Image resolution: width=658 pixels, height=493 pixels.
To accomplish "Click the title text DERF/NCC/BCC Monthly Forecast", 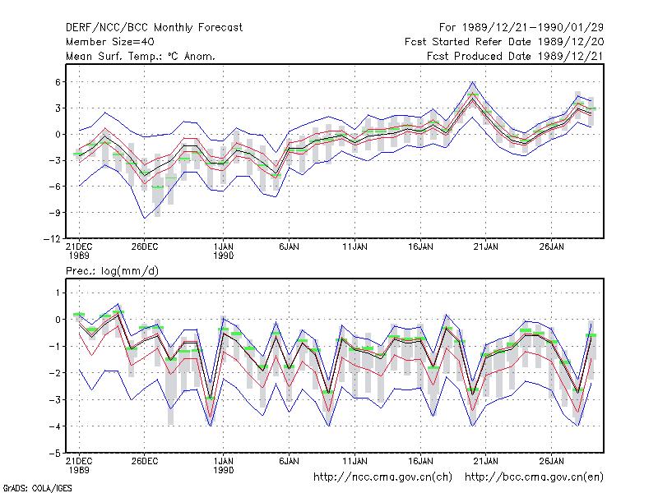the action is pos(154,28).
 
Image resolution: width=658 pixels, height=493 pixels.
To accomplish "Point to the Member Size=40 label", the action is pos(110,42).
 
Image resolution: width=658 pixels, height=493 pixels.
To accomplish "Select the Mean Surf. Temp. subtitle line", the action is pos(141,56).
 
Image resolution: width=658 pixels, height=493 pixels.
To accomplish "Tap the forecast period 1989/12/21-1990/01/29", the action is pos(521,28).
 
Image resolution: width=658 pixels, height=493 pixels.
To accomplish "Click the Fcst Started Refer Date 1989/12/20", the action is pos(504,42).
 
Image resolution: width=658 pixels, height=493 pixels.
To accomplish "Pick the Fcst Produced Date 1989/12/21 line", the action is pos(516,56).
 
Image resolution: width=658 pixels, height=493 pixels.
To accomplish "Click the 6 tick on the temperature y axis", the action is pos(58,82).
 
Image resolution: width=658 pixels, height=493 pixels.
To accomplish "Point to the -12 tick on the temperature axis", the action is pos(52,239).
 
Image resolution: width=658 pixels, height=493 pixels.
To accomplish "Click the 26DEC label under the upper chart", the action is pos(145,247).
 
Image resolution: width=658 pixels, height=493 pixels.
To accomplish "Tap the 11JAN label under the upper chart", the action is pos(354,247).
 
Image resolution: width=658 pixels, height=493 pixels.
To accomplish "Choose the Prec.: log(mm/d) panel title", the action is pos(112,271).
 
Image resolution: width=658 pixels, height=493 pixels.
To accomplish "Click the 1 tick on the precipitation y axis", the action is pos(58,293).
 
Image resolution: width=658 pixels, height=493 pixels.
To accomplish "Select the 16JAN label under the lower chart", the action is pos(420,461).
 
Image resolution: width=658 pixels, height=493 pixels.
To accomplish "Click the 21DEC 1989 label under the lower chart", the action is pos(79,466).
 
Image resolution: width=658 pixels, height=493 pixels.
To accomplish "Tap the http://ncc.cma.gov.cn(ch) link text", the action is pos(382,477).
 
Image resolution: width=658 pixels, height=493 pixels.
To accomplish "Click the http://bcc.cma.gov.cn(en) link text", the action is pos(534,477).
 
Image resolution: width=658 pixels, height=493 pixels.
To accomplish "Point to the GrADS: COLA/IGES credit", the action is pos(37,488).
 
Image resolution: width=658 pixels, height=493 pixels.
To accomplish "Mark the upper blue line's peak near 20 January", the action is pos(472,82).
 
